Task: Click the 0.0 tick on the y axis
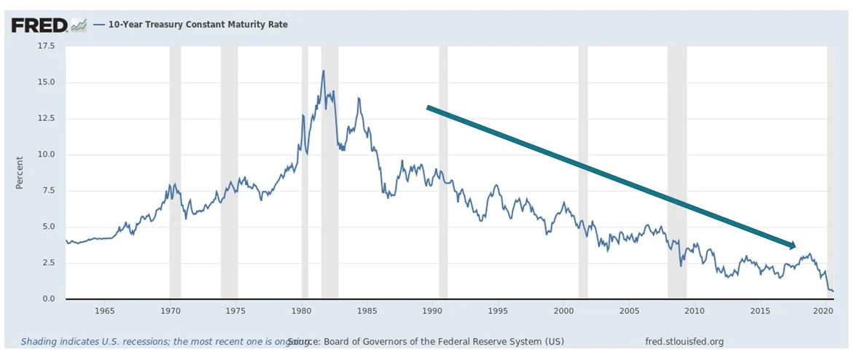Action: [x=48, y=299]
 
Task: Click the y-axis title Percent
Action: [x=20, y=173]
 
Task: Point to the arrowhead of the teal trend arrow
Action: [x=792, y=246]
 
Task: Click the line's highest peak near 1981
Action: [x=323, y=71]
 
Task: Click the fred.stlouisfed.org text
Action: [x=685, y=341]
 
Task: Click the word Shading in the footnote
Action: [x=37, y=341]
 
